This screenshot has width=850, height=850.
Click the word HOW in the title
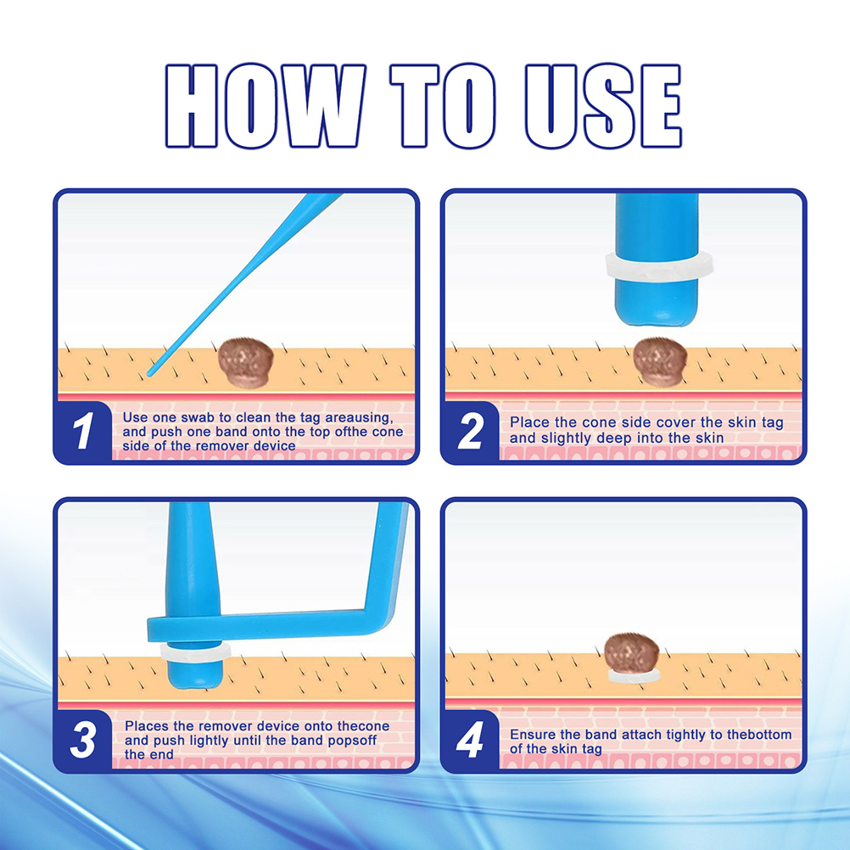click(265, 106)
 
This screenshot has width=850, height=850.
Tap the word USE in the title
click(603, 106)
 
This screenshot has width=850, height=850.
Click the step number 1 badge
click(83, 431)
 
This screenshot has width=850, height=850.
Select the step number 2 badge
click(470, 432)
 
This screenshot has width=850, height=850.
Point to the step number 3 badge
click(83, 740)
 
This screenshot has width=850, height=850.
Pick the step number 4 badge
click(470, 740)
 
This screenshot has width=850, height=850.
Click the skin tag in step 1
click(245, 362)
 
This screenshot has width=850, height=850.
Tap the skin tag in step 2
click(660, 361)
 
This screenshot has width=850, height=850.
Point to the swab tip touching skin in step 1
click(151, 372)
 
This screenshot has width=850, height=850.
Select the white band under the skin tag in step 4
click(633, 675)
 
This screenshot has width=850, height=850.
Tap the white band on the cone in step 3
click(196, 652)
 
